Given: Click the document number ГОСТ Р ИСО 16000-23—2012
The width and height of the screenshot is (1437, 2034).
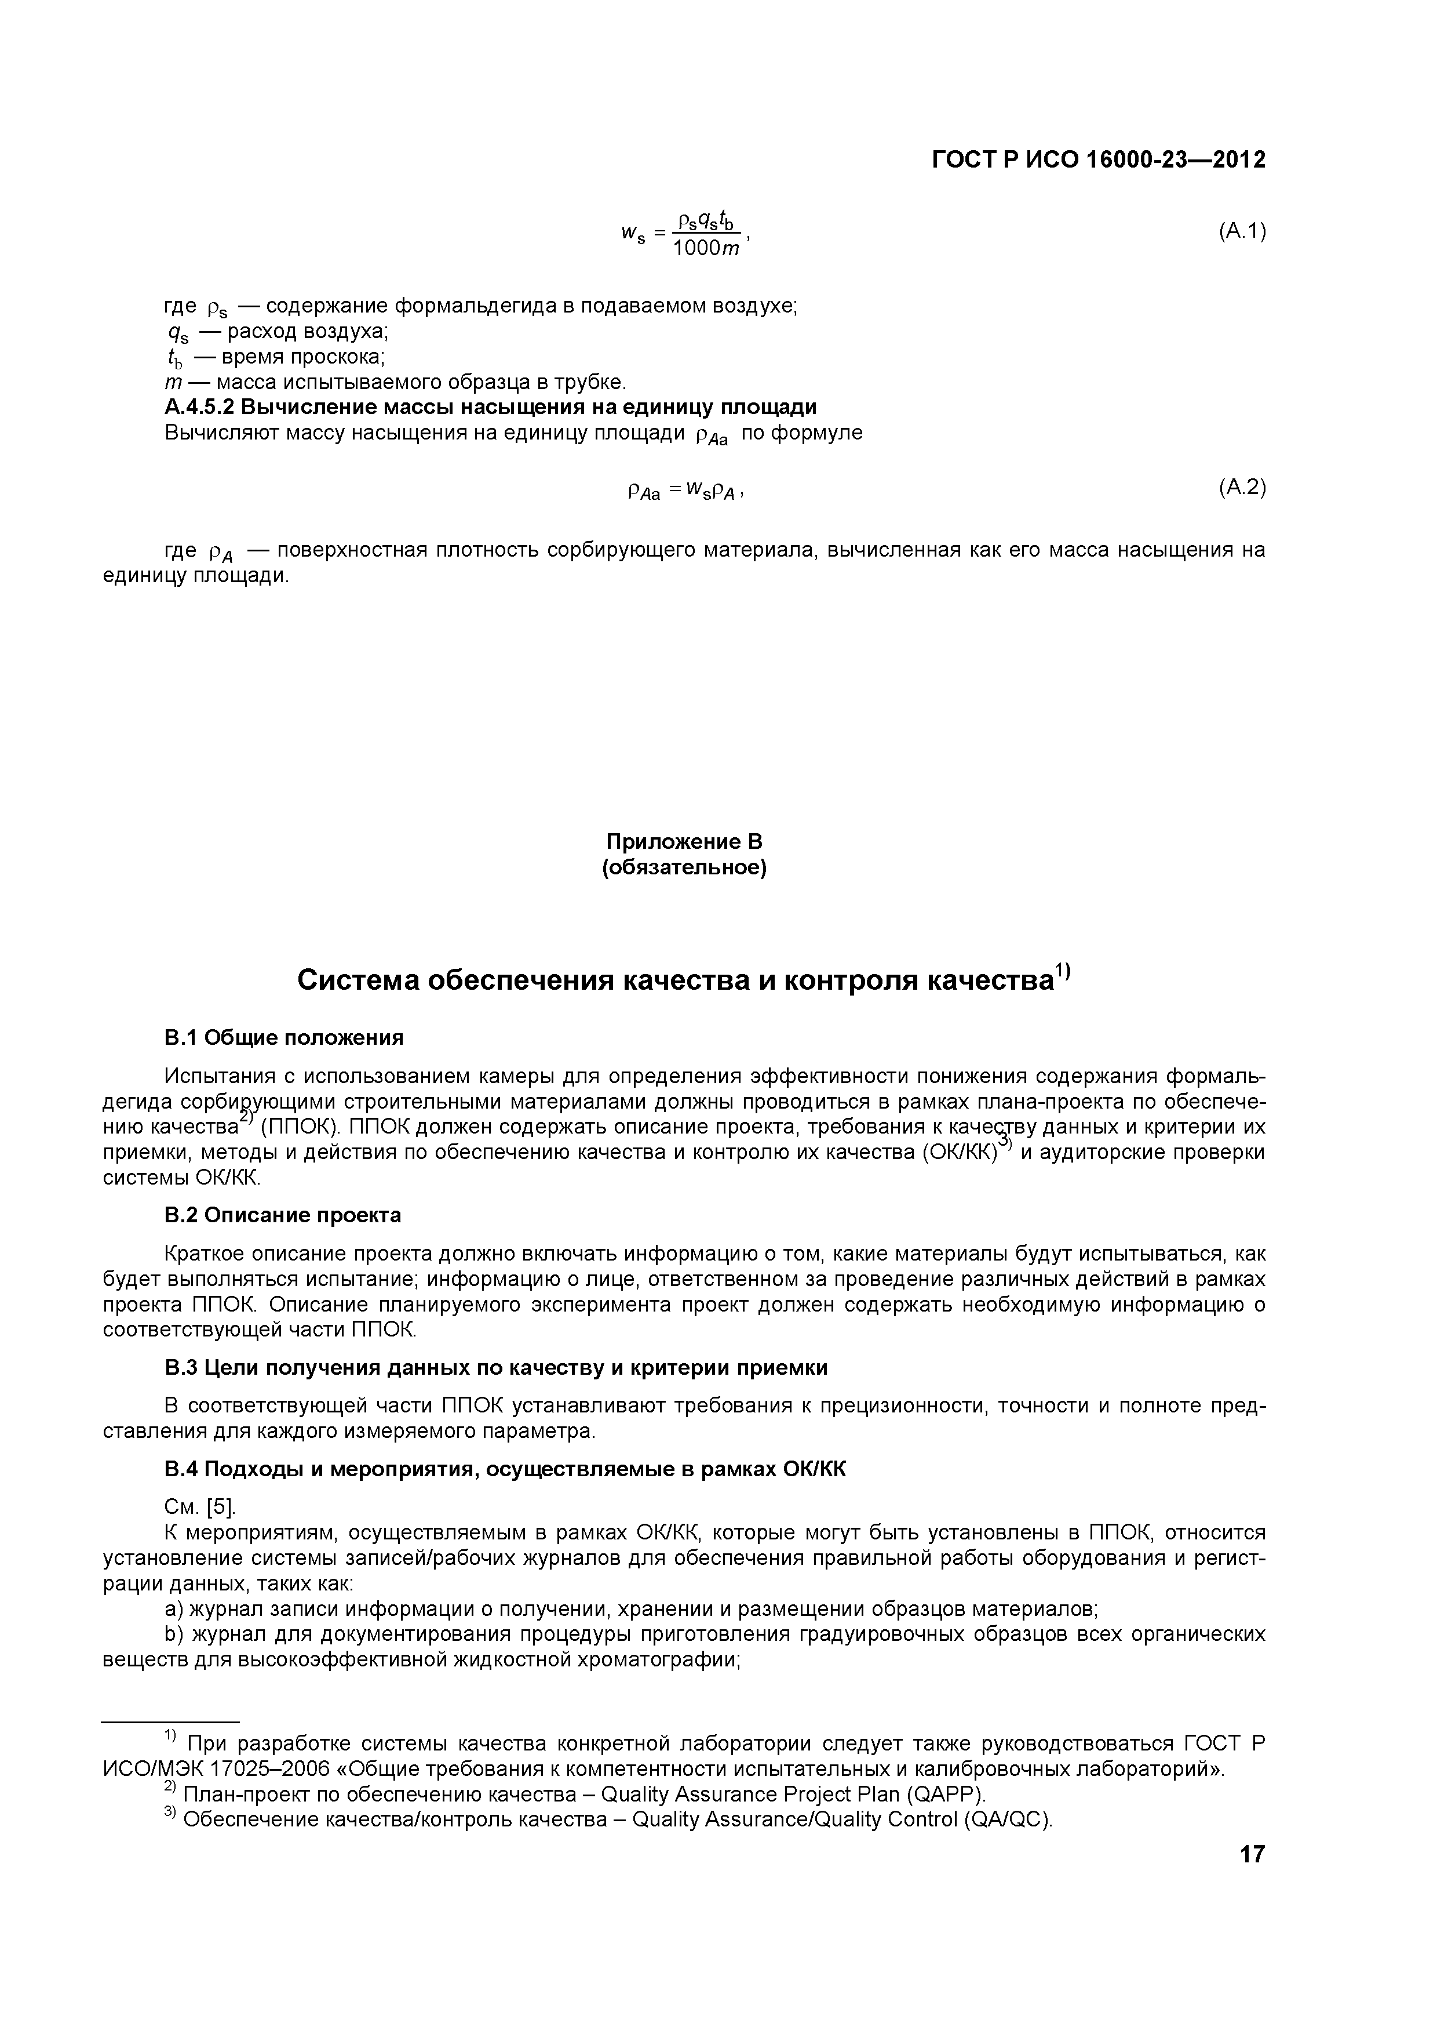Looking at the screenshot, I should pos(1098,159).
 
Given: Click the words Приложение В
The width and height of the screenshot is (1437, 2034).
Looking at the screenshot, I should pos(684,841).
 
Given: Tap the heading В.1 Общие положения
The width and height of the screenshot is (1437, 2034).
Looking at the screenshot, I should pos(283,1037).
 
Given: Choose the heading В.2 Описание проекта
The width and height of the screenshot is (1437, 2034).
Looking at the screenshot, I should pos(282,1215).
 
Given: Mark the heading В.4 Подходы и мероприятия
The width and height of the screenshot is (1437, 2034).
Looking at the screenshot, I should pos(505,1470).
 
